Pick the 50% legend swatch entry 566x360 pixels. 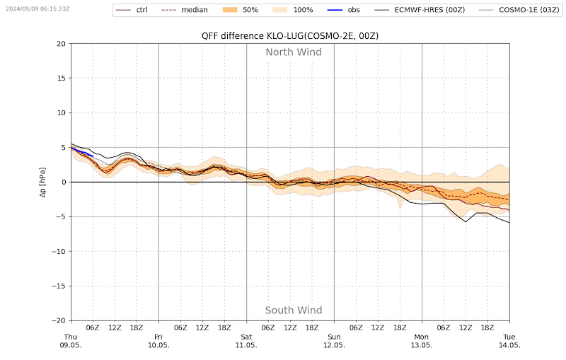click(x=241, y=10)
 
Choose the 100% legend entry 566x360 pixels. click(x=293, y=10)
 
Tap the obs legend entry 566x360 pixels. click(x=344, y=10)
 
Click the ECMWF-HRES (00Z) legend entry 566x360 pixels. click(x=420, y=10)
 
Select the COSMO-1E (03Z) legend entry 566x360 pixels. click(x=519, y=10)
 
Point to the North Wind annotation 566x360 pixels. click(x=294, y=52)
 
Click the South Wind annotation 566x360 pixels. click(x=294, y=310)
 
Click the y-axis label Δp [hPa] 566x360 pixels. click(x=42, y=182)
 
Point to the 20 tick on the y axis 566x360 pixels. click(x=62, y=44)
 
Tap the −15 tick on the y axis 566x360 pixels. click(x=59, y=286)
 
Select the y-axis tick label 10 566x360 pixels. click(x=62, y=113)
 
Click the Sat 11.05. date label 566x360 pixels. click(x=246, y=341)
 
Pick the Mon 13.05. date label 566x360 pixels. click(x=422, y=341)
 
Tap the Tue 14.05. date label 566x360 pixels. click(x=509, y=341)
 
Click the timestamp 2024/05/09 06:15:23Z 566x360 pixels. click(x=37, y=8)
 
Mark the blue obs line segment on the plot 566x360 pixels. click(x=82, y=152)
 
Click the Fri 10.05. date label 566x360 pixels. click(x=158, y=341)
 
